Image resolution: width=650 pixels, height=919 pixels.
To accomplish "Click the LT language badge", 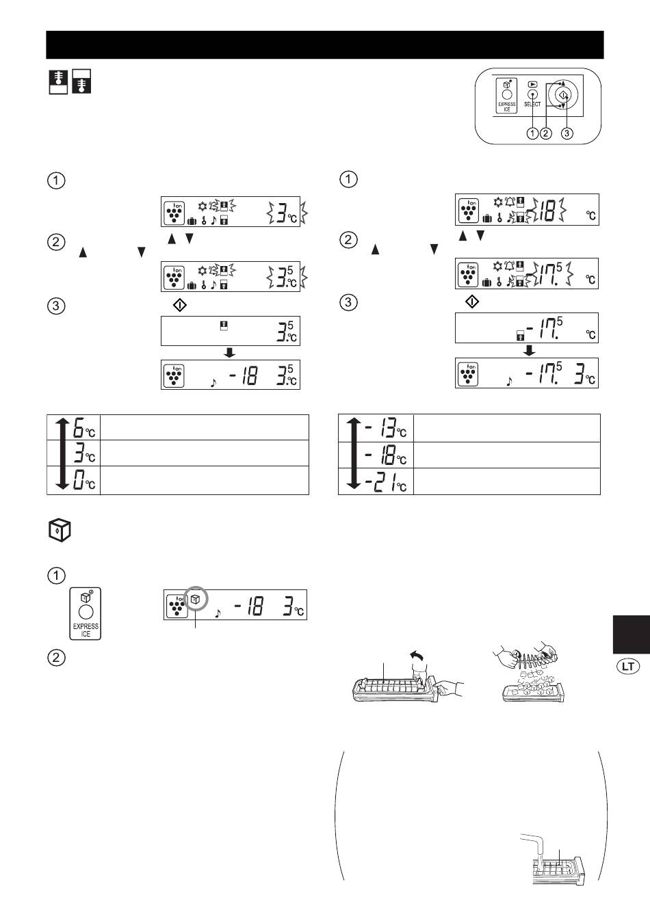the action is tap(628, 666).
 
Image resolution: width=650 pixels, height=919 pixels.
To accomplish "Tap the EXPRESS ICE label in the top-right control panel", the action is tap(507, 107).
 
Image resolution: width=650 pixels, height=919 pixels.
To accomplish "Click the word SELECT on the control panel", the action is tap(532, 104).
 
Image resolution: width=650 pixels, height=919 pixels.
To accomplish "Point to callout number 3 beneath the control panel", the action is tap(567, 133).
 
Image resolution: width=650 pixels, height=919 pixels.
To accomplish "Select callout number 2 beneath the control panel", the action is tap(546, 133).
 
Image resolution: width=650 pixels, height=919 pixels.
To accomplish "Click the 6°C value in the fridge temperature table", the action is tap(83, 427).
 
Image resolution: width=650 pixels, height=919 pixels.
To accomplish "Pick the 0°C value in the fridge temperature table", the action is tap(83, 479).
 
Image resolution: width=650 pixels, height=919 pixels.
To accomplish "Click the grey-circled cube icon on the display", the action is tap(196, 600).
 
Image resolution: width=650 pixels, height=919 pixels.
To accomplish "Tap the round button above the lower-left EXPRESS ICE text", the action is tap(86, 612).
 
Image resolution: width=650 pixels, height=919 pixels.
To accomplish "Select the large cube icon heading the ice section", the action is tap(59, 531).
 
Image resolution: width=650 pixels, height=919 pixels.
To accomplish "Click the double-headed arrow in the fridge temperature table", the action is tap(62, 453).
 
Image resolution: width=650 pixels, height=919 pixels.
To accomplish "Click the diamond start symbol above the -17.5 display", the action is tap(472, 302).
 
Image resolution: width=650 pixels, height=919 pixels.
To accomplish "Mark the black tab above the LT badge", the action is tap(631, 635).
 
